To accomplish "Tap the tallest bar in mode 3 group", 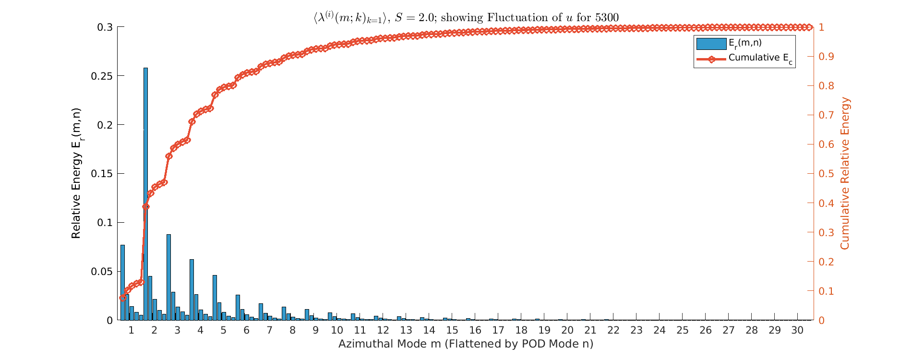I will pyautogui.click(x=168, y=277).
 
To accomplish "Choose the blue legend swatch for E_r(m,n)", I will pyautogui.click(x=711, y=44).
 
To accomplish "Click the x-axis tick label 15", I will pyautogui.click(x=452, y=330).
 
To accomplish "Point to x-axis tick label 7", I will pyautogui.click(x=269, y=330).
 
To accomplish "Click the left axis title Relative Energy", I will pyautogui.click(x=76, y=173).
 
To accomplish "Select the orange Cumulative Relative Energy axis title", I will pyautogui.click(x=845, y=173).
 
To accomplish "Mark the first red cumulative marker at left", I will pyautogui.click(x=122, y=298).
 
